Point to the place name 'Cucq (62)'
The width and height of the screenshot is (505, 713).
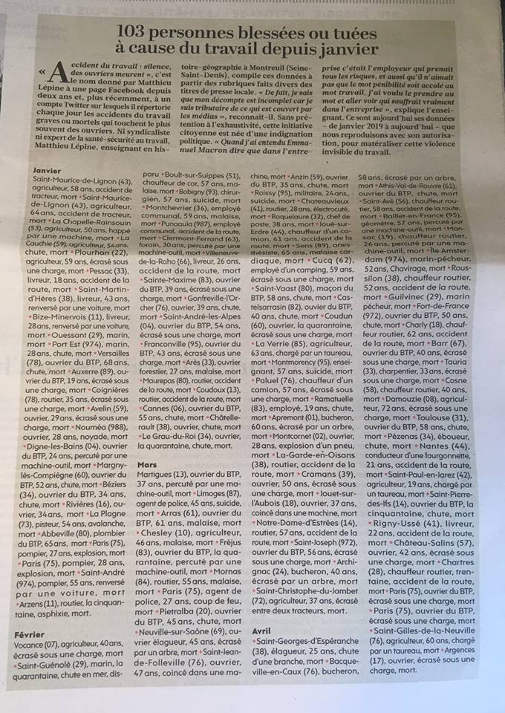[331, 261]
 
